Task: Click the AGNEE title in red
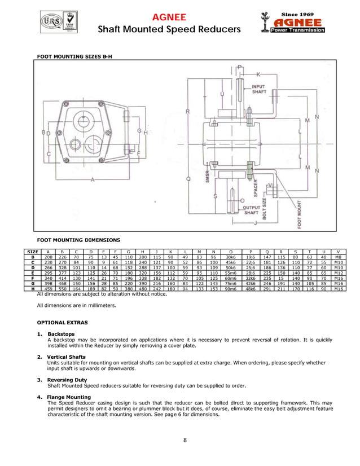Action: point(170,17)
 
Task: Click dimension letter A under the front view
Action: point(92,179)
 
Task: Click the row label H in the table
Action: point(33,288)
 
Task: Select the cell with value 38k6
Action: point(230,257)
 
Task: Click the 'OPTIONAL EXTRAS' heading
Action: point(62,322)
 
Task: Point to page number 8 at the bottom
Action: point(185,439)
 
